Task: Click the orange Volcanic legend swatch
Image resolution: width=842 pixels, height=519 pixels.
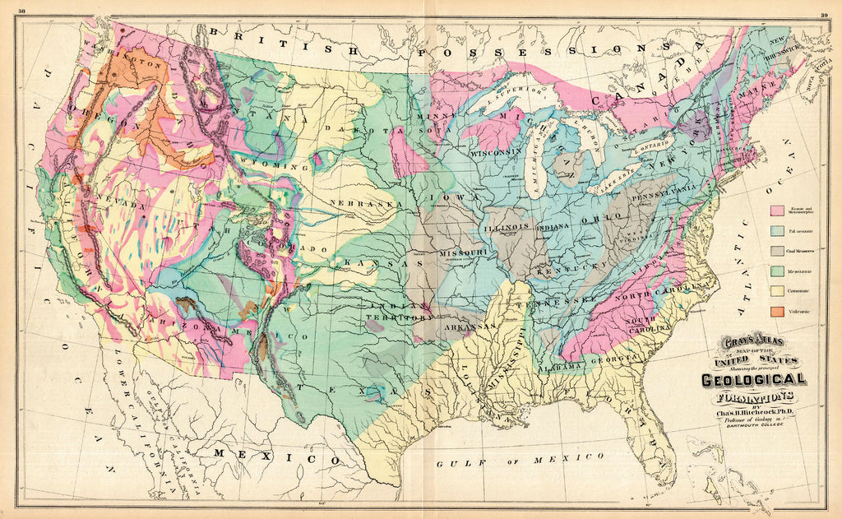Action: coord(776,312)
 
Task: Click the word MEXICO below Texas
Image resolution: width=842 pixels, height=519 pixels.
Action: coord(276,454)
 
